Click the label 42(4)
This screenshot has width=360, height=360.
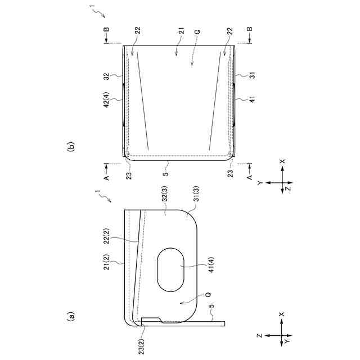coord(106,100)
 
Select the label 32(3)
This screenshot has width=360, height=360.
coord(165,193)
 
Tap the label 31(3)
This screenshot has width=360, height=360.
coord(196,193)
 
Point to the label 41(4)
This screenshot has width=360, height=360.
coord(211,264)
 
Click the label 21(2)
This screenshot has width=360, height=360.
coord(107,262)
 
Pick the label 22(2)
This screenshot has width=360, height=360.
coord(107,236)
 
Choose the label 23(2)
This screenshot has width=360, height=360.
coord(142,346)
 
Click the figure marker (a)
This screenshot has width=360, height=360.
coord(71,316)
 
